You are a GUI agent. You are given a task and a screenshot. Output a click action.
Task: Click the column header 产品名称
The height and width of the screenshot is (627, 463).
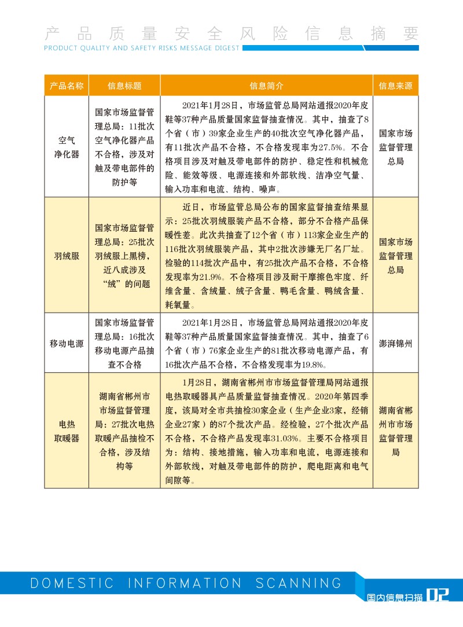67,86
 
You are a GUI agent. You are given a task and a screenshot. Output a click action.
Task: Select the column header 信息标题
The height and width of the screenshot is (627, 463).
124,86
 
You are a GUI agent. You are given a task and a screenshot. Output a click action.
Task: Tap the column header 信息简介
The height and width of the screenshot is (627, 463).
267,86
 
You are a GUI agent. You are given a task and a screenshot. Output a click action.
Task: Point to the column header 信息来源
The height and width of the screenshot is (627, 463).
396,86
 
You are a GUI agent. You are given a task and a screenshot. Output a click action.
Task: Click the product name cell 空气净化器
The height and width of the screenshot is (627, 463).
67,147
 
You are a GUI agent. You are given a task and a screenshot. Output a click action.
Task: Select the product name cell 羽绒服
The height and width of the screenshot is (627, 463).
67,255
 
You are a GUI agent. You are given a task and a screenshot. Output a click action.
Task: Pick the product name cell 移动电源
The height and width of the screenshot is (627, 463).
67,343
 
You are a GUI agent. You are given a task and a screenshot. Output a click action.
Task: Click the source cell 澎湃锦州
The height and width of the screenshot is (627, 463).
396,343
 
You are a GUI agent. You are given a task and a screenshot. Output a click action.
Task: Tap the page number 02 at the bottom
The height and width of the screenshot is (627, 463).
438,595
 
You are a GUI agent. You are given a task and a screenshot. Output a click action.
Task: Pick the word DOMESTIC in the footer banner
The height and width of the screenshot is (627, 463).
73,583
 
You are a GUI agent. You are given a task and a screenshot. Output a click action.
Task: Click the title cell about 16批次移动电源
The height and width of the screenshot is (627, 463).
124,343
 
